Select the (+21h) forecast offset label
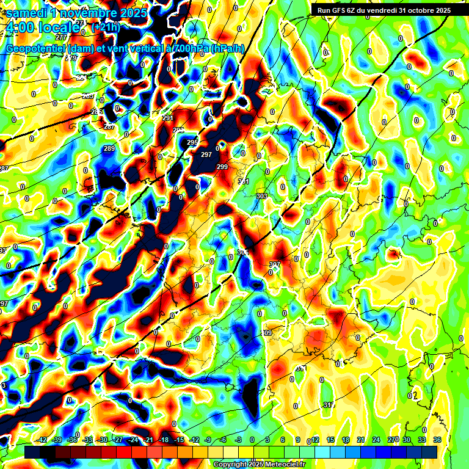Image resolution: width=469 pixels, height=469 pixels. click(106, 27)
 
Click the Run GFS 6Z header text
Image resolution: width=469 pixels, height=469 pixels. click(342, 10)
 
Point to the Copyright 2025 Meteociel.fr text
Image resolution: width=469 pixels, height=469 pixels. click(259, 464)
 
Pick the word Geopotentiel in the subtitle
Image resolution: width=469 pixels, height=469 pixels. click(37, 49)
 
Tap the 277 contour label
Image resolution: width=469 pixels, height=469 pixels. click(60, 54)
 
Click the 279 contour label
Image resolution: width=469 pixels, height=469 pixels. click(71, 58)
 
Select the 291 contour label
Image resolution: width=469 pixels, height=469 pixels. click(168, 118)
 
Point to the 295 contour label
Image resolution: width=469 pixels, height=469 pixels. click(192, 142)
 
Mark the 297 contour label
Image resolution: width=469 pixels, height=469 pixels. click(206, 155)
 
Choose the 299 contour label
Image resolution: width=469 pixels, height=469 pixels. click(222, 167)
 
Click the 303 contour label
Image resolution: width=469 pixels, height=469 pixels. click(262, 196)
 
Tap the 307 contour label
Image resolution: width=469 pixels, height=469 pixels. click(274, 264)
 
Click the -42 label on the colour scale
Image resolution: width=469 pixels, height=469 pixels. click(42, 440)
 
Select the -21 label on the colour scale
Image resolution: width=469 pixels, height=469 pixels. click(148, 440)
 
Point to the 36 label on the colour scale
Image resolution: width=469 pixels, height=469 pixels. click(437, 440)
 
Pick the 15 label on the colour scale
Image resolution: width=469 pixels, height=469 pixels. click(330, 440)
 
